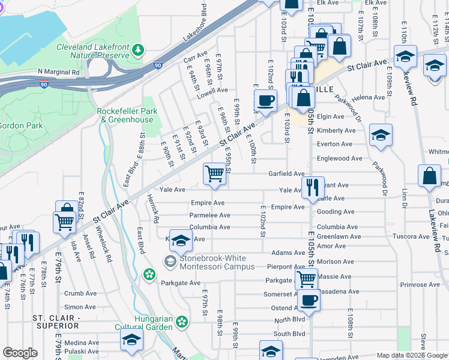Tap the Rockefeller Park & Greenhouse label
(x=127, y=115)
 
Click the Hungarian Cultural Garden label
(x=144, y=323)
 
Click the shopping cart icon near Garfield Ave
(x=214, y=173)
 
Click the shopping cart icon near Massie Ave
(x=306, y=278)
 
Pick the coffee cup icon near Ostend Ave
(x=309, y=301)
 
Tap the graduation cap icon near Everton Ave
(x=381, y=134)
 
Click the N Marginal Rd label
(x=58, y=71)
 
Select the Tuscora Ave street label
(x=410, y=236)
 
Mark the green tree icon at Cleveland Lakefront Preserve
(x=139, y=48)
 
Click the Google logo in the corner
(x=20, y=353)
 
